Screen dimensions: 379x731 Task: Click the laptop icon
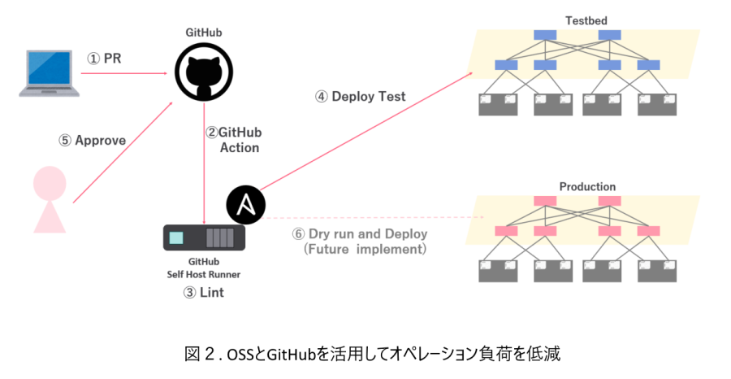(x=50, y=74)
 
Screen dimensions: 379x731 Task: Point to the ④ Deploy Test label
(x=361, y=97)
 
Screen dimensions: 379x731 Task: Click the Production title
(x=587, y=186)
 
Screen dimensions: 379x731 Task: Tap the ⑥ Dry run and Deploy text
(x=360, y=234)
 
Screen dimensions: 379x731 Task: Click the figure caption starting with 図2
(x=373, y=354)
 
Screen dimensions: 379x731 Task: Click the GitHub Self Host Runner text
(x=203, y=268)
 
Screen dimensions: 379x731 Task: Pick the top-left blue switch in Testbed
(x=544, y=35)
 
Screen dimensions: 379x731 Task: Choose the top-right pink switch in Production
(x=609, y=201)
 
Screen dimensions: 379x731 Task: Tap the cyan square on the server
(x=176, y=237)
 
